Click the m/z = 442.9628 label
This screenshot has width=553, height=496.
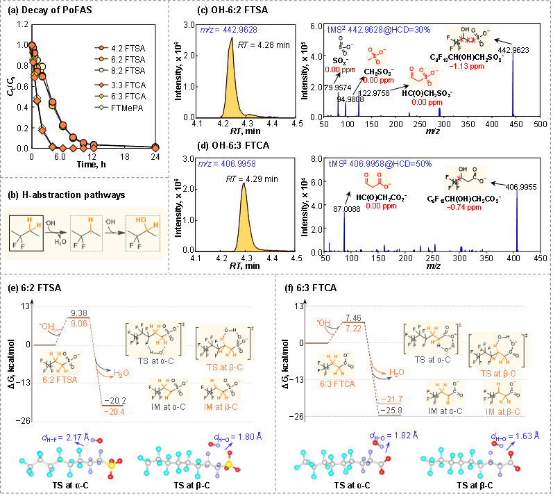coord(219,31)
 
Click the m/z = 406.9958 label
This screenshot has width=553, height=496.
coord(219,164)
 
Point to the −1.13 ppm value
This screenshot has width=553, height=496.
coord(466,67)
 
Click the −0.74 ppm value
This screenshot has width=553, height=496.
coord(463,207)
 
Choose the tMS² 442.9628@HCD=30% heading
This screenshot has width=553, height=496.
coord(379,31)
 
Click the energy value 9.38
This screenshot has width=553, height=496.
coord(78,313)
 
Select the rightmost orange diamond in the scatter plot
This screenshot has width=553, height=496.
coord(155,147)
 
